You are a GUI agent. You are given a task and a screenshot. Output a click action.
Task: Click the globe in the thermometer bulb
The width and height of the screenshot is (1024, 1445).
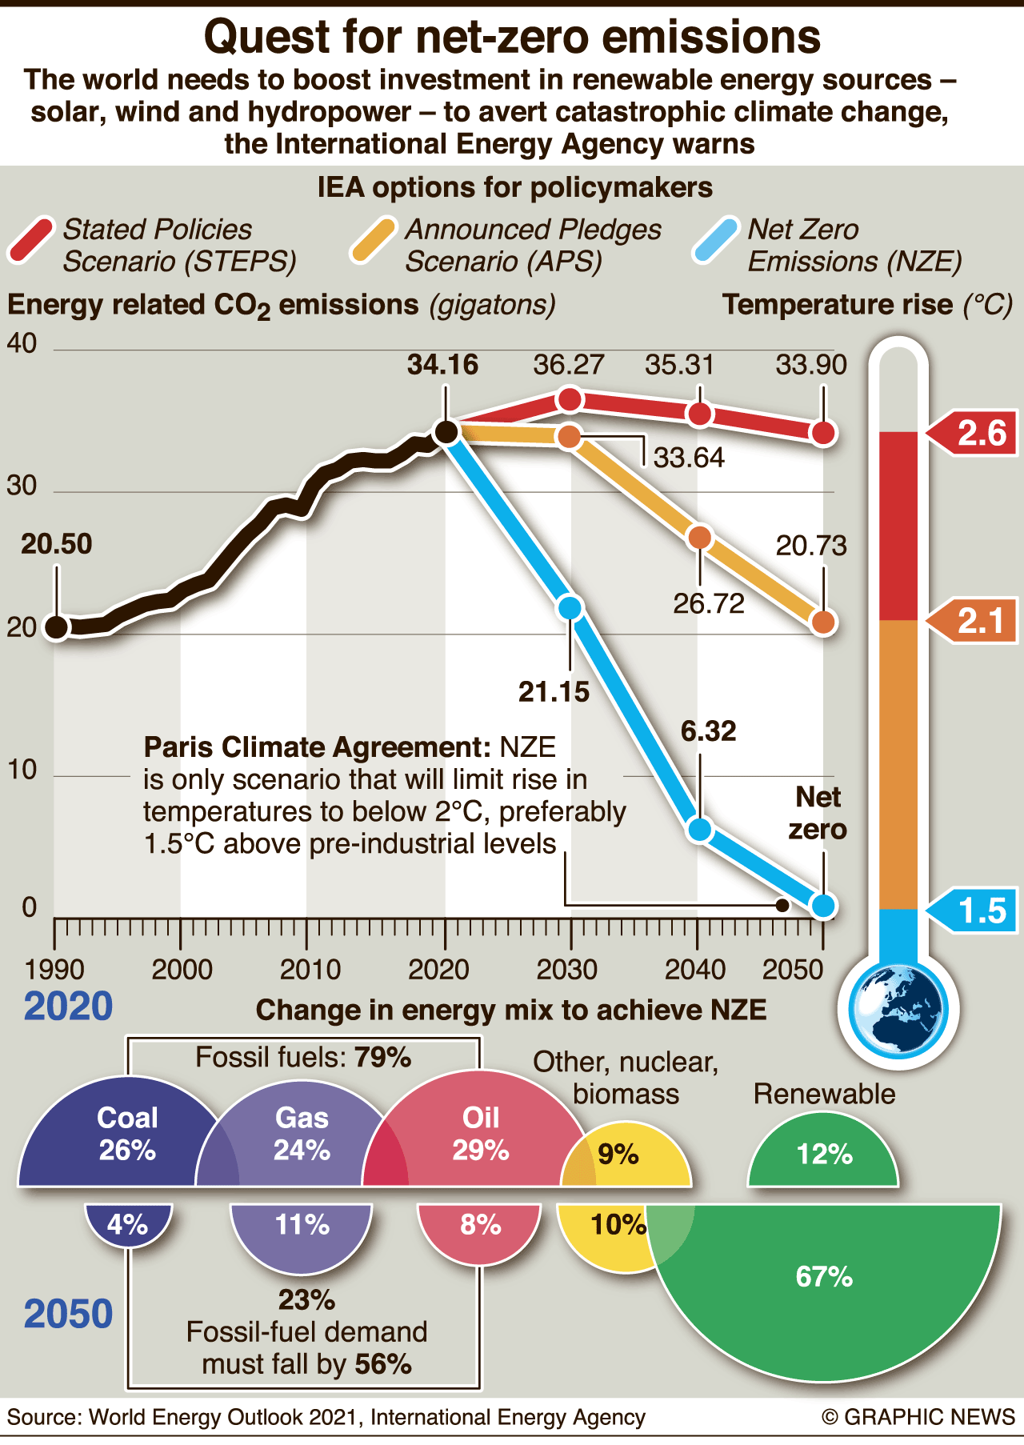coord(897,1010)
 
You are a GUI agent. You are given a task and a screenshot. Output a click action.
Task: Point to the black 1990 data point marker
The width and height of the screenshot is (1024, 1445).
coord(57,627)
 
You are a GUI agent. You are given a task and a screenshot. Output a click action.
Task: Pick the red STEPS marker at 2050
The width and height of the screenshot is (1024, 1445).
coord(823,433)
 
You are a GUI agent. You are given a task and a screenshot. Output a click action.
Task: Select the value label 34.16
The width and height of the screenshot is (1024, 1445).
coord(442,365)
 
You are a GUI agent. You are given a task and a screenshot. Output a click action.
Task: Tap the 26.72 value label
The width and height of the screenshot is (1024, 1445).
coord(708,603)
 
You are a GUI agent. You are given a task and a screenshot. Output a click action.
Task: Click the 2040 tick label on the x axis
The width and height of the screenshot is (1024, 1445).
coord(695,970)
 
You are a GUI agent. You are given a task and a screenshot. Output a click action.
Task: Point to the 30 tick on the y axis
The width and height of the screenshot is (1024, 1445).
coord(22,486)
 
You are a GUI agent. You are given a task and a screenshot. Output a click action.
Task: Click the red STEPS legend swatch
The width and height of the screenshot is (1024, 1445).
coord(31,240)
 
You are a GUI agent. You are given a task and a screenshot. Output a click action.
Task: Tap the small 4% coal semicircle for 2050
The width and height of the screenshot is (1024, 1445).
coord(128,1224)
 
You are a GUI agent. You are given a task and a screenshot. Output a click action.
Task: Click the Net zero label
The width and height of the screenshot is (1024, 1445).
coord(818,813)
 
